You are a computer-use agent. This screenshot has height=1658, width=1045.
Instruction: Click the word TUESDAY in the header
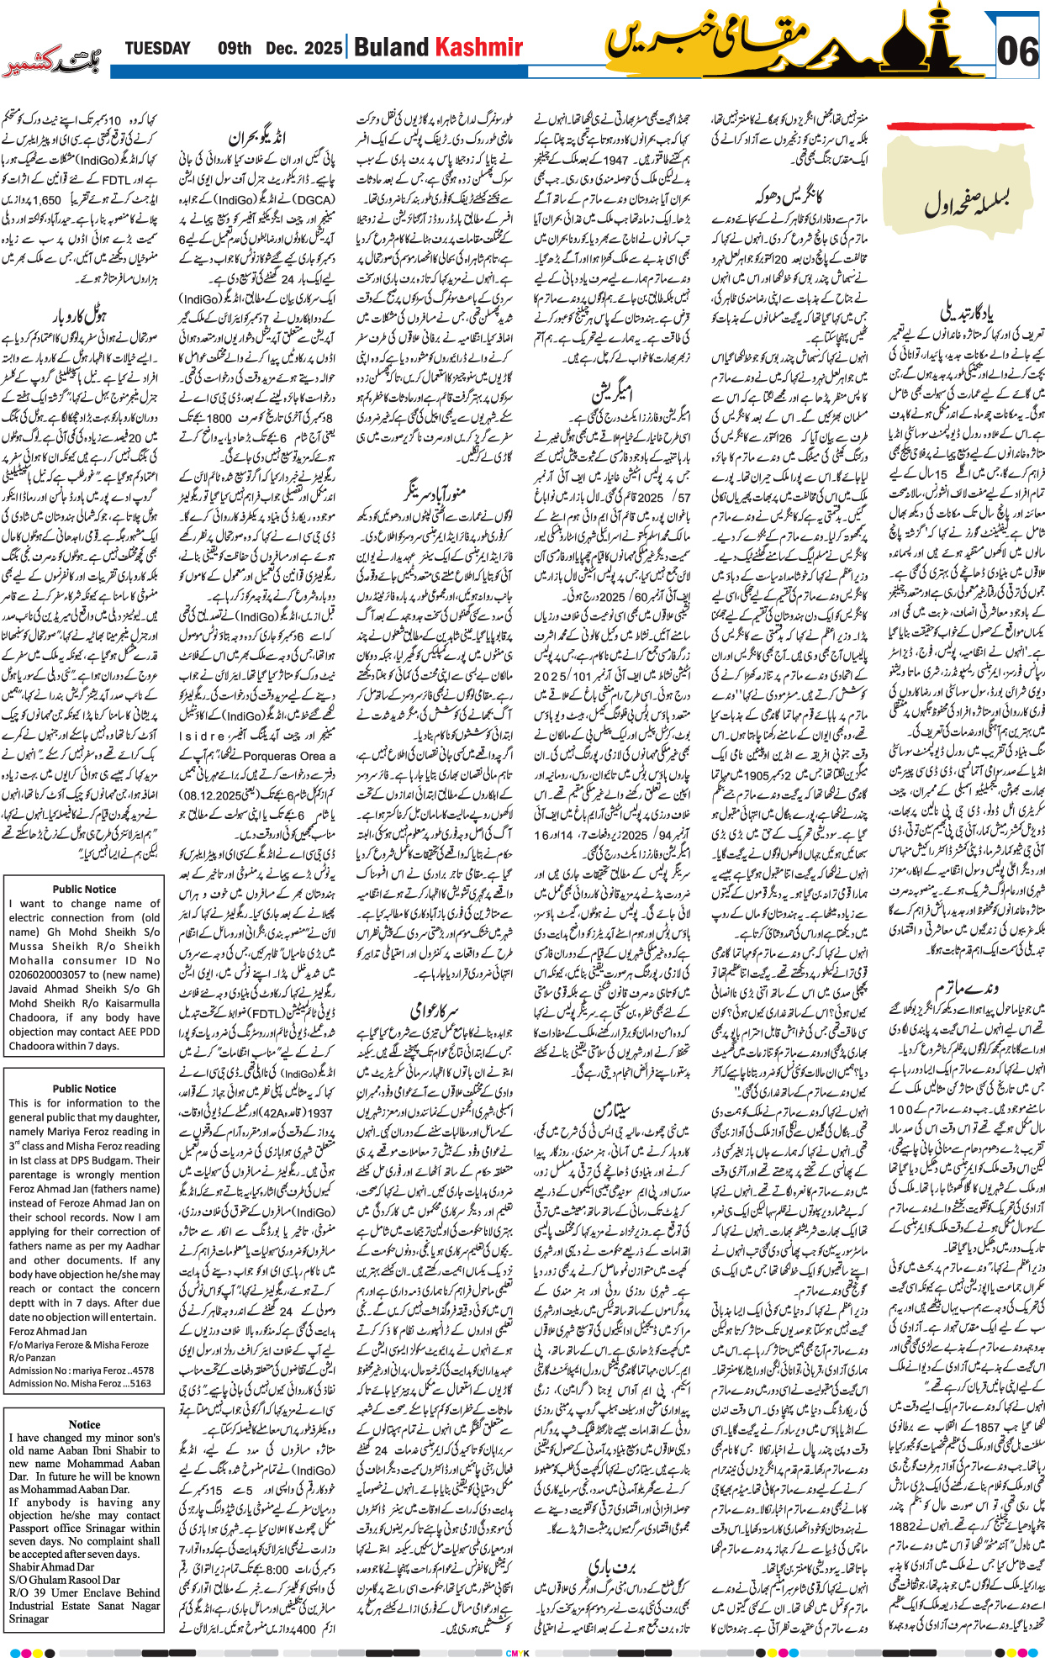click(x=157, y=48)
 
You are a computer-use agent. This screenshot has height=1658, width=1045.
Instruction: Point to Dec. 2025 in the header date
click(x=303, y=48)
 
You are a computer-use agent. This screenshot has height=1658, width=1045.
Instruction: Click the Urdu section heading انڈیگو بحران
click(x=256, y=137)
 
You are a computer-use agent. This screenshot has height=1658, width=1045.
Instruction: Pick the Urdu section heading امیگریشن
click(x=612, y=392)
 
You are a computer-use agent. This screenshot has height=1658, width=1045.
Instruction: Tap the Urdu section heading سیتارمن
click(x=612, y=1109)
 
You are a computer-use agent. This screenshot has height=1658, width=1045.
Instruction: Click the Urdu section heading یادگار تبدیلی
click(x=966, y=313)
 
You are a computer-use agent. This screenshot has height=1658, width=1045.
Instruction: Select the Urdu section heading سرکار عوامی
click(x=433, y=1009)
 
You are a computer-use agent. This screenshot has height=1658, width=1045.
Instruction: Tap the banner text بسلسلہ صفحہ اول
click(x=966, y=201)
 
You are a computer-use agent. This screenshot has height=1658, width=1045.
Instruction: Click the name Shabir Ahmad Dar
click(x=51, y=1566)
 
